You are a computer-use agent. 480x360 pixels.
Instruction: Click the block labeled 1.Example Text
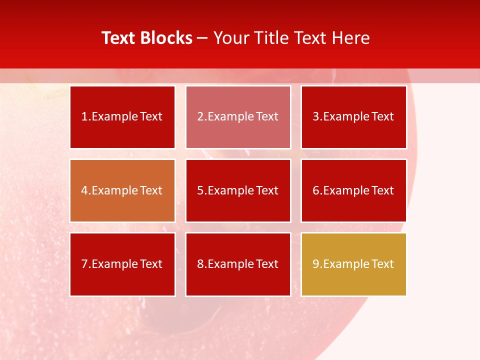click(x=122, y=117)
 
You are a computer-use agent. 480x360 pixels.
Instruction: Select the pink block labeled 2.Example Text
click(x=238, y=117)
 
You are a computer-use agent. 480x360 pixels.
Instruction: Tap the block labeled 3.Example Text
click(x=353, y=117)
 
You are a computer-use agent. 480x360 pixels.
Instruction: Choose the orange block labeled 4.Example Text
click(x=122, y=190)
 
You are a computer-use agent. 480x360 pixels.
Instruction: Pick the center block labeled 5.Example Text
click(x=238, y=190)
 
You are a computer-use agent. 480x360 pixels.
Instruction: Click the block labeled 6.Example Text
click(x=353, y=190)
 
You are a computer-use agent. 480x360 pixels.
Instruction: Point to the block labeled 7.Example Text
click(x=122, y=264)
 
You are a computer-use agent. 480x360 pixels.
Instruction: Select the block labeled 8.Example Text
click(x=238, y=264)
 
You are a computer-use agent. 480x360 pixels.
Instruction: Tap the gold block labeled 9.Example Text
click(x=353, y=264)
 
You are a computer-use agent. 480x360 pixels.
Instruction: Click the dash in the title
click(x=202, y=38)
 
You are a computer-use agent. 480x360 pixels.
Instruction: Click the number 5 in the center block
click(x=200, y=190)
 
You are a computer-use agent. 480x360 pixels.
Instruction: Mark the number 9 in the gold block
click(x=315, y=264)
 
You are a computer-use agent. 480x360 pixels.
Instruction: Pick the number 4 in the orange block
click(x=84, y=190)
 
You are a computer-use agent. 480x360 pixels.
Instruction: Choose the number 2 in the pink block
click(x=200, y=117)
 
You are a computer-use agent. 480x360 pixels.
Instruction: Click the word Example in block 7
click(x=114, y=264)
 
